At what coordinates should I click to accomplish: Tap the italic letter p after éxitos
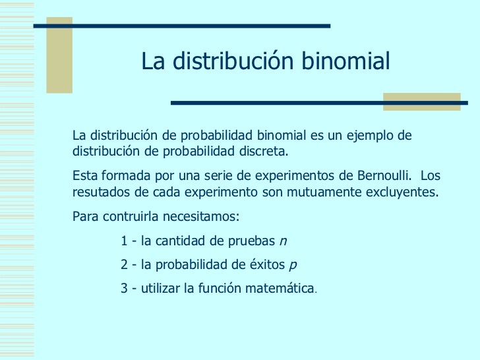[x=293, y=266]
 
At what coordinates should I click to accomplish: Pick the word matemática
[x=282, y=289]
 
